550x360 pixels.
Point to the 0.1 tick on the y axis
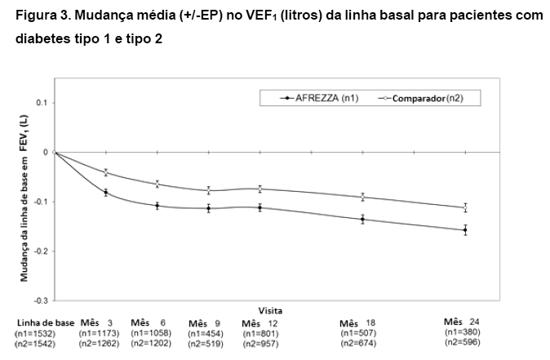(42, 102)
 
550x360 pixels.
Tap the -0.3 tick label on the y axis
(41, 301)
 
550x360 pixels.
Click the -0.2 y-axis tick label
(41, 251)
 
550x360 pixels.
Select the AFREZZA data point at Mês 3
(106, 192)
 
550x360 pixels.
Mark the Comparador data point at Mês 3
(106, 172)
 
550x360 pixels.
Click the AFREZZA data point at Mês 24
(465, 230)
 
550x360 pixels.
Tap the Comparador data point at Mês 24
(465, 207)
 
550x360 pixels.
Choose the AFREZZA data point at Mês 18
(362, 219)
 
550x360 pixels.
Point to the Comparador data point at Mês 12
(259, 189)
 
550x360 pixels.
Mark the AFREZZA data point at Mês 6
(157, 206)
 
